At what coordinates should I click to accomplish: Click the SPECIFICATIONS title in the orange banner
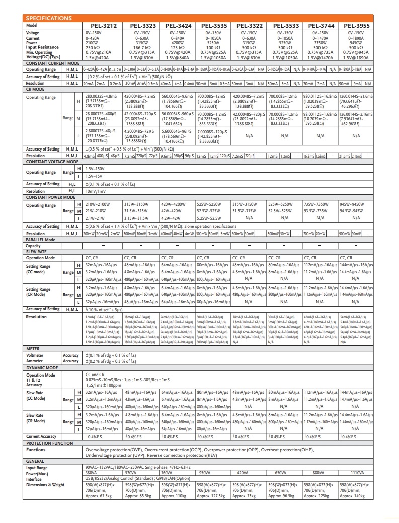tap(48, 18)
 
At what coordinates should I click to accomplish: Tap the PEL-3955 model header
tap(356, 25)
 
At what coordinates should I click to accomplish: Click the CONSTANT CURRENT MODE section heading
tap(50, 63)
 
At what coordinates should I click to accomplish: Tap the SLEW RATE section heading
tap(36, 252)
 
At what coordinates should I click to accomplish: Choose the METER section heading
tap(33, 348)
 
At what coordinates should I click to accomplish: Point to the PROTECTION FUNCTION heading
tap(49, 443)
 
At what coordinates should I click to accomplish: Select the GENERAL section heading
tap(35, 461)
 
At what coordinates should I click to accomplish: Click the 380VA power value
tap(92, 473)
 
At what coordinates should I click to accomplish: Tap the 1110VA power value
tap(357, 473)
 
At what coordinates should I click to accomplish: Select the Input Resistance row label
tap(43, 47)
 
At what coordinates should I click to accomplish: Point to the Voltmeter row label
tap(35, 355)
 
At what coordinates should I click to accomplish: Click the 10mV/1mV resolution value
tap(95, 191)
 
